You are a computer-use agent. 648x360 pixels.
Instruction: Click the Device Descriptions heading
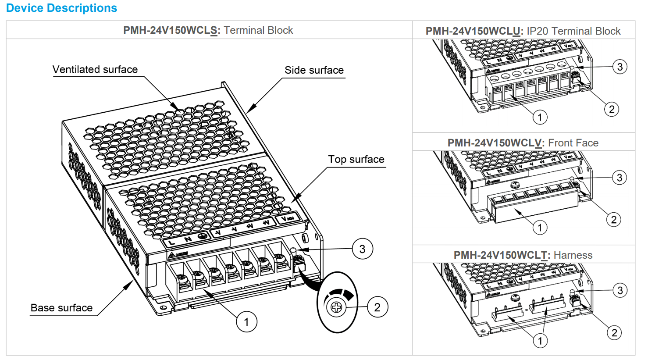pyautogui.click(x=61, y=8)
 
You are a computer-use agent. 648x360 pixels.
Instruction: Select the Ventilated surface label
pyautogui.click(x=95, y=69)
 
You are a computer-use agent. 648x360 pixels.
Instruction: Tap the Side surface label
pyautogui.click(x=314, y=70)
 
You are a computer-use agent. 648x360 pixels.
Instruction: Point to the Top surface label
pyautogui.click(x=356, y=159)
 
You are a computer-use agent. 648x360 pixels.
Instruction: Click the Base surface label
pyautogui.click(x=61, y=308)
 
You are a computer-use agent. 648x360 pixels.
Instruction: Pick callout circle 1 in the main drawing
pyautogui.click(x=246, y=322)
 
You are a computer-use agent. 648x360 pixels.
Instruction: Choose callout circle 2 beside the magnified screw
pyautogui.click(x=377, y=307)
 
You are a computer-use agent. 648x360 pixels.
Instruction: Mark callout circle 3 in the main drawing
pyautogui.click(x=362, y=249)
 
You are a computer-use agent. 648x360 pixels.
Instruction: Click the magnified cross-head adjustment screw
pyautogui.click(x=336, y=307)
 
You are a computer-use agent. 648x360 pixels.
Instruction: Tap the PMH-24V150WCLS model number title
pyautogui.click(x=170, y=30)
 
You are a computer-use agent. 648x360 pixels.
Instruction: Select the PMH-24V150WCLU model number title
pyautogui.click(x=473, y=31)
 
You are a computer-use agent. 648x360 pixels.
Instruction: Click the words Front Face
pyautogui.click(x=573, y=143)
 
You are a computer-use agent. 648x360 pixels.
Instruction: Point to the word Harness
pyautogui.click(x=573, y=255)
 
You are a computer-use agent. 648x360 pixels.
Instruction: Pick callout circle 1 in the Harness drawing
pyautogui.click(x=540, y=341)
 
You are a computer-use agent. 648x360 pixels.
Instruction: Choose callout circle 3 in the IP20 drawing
pyautogui.click(x=620, y=67)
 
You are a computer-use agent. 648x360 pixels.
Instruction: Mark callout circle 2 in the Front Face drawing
pyautogui.click(x=614, y=219)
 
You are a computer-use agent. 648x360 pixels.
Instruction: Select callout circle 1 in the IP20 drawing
pyautogui.click(x=540, y=117)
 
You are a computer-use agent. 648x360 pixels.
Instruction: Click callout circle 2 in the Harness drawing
pyautogui.click(x=614, y=332)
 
